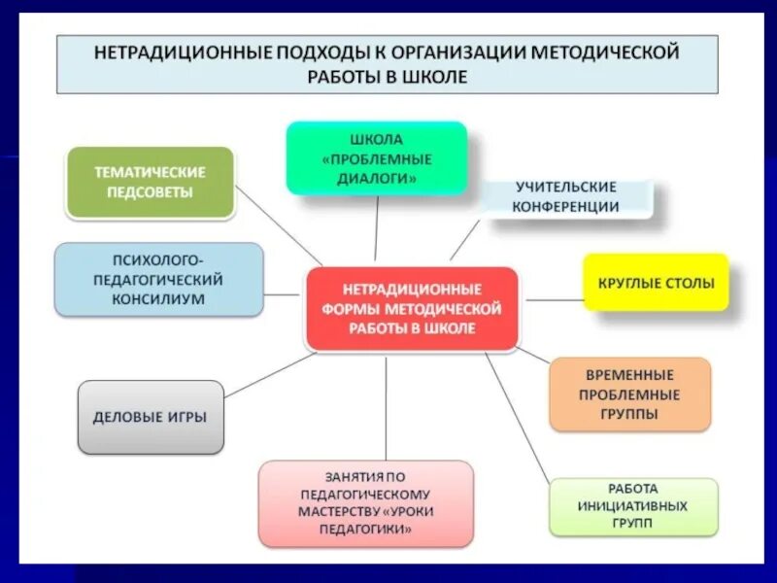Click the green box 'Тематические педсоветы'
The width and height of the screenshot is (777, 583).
[151, 182]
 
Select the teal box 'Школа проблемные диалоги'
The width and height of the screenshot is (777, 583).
[376, 158]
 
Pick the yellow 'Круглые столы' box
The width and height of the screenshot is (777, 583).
[656, 284]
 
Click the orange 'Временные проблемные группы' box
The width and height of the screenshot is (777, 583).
[629, 394]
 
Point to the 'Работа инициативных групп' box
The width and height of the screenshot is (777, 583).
[633, 506]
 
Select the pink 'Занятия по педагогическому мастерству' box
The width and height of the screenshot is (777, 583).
[366, 503]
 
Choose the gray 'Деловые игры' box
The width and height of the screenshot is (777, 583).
[151, 417]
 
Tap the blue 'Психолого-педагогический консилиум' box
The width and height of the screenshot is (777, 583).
[158, 280]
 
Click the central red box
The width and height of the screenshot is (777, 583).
[412, 309]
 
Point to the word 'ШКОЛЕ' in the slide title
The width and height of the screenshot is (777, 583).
[436, 77]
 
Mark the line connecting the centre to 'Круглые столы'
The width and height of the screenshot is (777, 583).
[554, 300]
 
